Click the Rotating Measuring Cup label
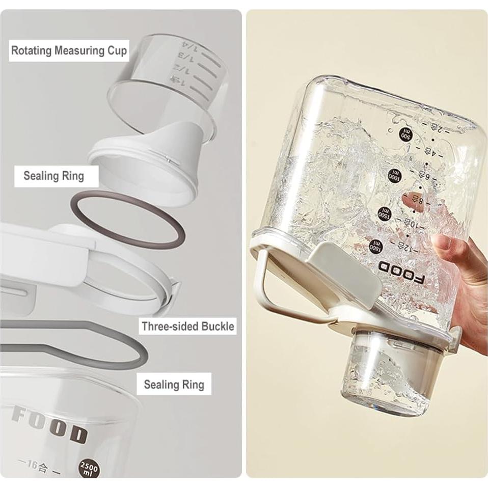(x=69, y=50)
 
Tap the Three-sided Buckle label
(x=188, y=326)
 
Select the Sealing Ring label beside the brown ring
(x=53, y=176)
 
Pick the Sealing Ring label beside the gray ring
(x=174, y=384)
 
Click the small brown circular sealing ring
(x=127, y=219)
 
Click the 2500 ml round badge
(x=90, y=468)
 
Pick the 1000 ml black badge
(x=395, y=175)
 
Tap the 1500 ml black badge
(x=385, y=213)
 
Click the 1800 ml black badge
(x=376, y=245)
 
